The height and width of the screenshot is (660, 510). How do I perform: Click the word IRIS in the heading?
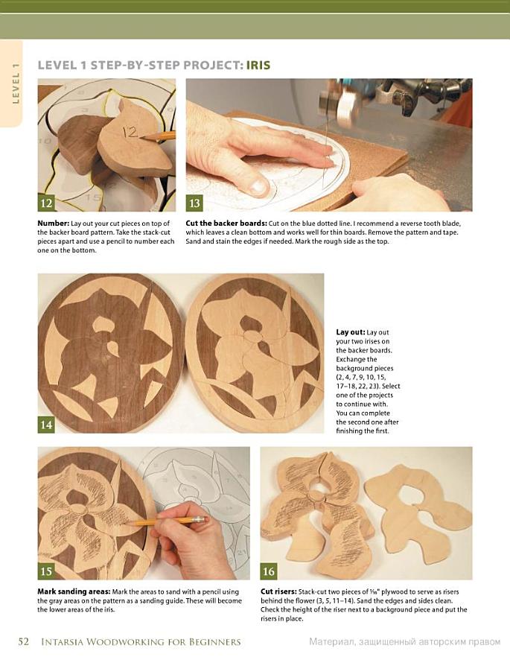tap(258, 66)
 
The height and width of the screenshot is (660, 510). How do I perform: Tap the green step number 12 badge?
tap(46, 203)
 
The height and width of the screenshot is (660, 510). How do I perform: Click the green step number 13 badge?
tap(194, 203)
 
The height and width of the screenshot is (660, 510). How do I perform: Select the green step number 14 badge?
tap(46, 425)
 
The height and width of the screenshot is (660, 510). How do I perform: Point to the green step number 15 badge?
tap(46, 571)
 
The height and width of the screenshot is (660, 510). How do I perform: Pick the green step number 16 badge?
tap(269, 571)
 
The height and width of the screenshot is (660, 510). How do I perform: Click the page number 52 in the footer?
tap(24, 641)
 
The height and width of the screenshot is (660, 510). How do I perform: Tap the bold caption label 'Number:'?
tap(53, 223)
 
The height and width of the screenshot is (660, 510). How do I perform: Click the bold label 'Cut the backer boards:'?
tap(226, 223)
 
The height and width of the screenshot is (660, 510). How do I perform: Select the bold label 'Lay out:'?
tap(350, 332)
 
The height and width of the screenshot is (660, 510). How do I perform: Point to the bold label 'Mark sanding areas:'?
tap(74, 591)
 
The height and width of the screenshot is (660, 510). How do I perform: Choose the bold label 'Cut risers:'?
tap(278, 591)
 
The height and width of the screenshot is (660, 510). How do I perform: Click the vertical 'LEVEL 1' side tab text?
tap(16, 83)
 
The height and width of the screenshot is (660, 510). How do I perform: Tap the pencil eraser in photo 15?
tap(200, 519)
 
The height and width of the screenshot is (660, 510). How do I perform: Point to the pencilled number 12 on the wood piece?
tap(130, 132)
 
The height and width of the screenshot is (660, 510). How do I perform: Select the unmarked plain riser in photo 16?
tap(418, 512)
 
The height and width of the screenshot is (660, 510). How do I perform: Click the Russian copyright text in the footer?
tap(405, 642)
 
